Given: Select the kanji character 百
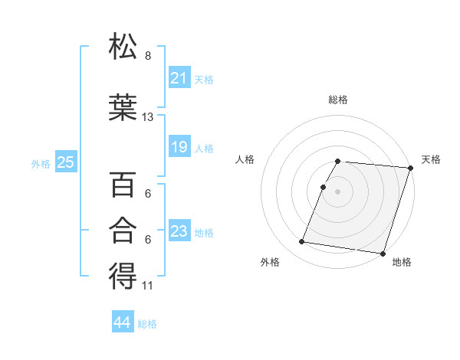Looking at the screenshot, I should click(123, 185).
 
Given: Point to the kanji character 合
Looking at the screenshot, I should click(123, 231).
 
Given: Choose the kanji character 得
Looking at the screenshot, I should click(123, 277).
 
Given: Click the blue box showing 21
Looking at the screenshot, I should click(179, 78).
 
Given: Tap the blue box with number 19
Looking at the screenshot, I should click(179, 147).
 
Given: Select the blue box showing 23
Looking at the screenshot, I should click(179, 231).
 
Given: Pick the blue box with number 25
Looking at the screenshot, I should click(65, 162).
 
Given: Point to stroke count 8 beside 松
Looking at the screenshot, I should click(148, 56).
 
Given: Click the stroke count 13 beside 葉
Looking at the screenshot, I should click(148, 117).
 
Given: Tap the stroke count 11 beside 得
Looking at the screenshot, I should click(148, 286).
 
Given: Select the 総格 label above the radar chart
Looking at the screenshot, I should click(338, 100).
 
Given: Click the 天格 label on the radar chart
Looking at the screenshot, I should click(431, 159).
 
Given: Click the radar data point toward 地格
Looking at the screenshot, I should click(383, 254).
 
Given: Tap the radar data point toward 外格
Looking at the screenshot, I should click(302, 242).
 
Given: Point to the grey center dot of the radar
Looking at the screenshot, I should click(338, 191).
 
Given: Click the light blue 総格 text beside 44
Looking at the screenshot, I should click(147, 324).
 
